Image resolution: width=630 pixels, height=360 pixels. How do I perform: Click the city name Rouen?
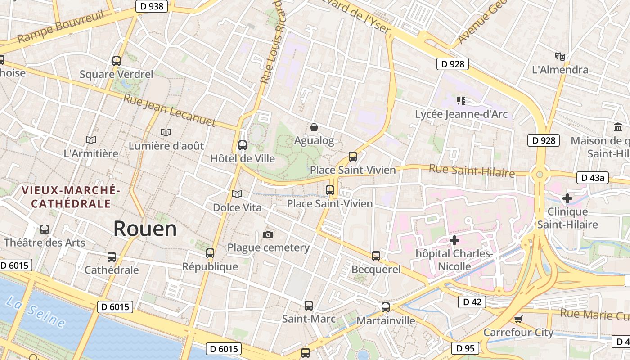pyautogui.click(x=145, y=229)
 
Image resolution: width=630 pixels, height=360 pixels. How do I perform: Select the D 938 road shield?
pyautogui.click(x=152, y=6)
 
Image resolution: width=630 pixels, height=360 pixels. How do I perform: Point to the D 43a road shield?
pyautogui.click(x=592, y=178)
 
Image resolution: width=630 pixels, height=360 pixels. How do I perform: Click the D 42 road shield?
pyautogui.click(x=472, y=302)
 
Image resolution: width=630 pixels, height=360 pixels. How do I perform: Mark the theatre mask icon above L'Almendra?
pyautogui.click(x=560, y=57)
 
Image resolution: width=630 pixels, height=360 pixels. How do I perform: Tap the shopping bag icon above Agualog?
pyautogui.click(x=314, y=128)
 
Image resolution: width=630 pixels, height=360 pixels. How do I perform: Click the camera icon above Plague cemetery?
pyautogui.click(x=268, y=234)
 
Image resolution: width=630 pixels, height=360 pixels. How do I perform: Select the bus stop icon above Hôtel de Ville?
pyautogui.click(x=243, y=145)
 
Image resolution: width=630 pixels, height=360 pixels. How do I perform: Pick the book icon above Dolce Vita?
pyautogui.click(x=237, y=194)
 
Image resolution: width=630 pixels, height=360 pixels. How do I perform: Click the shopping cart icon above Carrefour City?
pyautogui.click(x=518, y=319)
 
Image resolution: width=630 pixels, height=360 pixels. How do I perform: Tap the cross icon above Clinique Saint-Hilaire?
pyautogui.click(x=567, y=198)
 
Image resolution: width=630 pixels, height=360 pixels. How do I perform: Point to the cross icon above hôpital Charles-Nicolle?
pyautogui.click(x=454, y=240)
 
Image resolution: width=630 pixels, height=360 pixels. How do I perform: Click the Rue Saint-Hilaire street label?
pyautogui.click(x=472, y=171)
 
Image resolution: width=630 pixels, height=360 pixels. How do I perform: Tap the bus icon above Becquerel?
pyautogui.click(x=376, y=256)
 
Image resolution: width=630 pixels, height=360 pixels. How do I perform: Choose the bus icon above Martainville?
pyautogui.click(x=386, y=307)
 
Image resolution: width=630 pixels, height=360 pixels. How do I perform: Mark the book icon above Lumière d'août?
pyautogui.click(x=166, y=133)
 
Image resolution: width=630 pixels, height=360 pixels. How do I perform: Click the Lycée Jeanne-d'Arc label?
pyautogui.click(x=461, y=114)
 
